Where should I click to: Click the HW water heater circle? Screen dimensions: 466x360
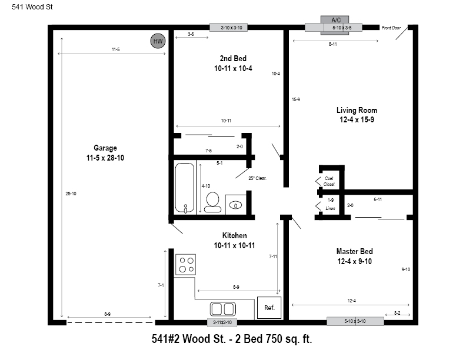point(158,41)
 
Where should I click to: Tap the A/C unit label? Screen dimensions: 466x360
point(336,20)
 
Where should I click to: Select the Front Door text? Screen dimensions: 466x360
point(391,28)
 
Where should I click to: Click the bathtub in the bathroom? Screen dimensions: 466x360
point(185,188)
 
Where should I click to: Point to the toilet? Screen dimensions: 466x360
point(213,202)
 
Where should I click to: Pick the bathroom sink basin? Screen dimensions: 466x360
point(236,205)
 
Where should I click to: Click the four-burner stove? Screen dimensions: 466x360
point(185,264)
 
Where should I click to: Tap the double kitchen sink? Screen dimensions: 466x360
point(222,309)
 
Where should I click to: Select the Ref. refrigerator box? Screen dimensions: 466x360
point(269,308)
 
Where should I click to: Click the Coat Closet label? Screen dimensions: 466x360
point(329,181)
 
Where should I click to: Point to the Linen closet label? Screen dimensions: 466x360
point(330,208)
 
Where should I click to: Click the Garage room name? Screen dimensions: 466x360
point(105,148)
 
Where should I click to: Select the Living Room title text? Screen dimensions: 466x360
point(357,110)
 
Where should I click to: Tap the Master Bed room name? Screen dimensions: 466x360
point(355,251)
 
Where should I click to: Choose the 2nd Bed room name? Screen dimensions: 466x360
point(233,58)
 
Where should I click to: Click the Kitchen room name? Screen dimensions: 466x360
point(235,235)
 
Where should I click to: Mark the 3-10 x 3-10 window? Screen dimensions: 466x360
point(228,28)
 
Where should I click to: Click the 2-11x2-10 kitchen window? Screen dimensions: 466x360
point(222,322)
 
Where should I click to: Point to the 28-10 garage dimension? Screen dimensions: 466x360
point(71,194)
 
